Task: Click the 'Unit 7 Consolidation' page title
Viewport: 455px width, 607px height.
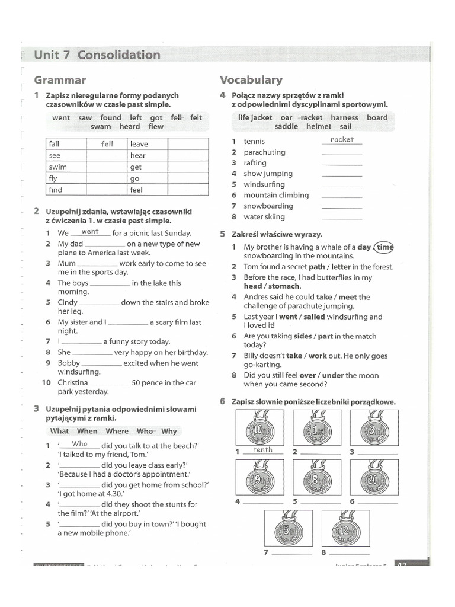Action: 97,55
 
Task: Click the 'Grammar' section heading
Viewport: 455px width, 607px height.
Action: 60,80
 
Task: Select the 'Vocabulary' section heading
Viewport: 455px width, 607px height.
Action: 251,80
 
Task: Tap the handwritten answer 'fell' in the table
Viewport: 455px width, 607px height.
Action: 107,144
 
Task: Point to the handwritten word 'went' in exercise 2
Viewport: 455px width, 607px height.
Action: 90,232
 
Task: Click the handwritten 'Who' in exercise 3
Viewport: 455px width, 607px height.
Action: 79,444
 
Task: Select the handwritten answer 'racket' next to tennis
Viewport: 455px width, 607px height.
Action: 342,140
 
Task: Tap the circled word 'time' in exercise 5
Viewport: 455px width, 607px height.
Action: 384,247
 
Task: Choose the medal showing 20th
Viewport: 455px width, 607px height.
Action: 373,478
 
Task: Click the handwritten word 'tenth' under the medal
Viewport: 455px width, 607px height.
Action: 262,450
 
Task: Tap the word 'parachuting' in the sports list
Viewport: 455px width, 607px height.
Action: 264,152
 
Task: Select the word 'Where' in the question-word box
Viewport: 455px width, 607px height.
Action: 117,431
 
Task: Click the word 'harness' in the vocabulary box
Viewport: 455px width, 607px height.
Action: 344,117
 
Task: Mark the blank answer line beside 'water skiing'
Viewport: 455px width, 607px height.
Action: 341,218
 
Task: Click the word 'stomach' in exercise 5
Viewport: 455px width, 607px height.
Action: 284,286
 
